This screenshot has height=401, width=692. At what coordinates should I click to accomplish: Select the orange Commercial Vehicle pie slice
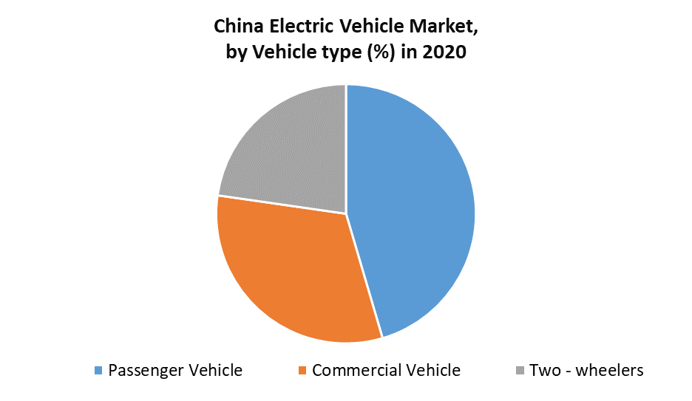pyautogui.click(x=296, y=273)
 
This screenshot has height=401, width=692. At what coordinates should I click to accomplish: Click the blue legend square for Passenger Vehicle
pyautogui.click(x=99, y=370)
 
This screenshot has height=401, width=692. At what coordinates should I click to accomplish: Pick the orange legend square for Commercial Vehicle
pyautogui.click(x=302, y=370)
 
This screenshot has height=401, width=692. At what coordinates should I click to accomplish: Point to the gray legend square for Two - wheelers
pyautogui.click(x=520, y=370)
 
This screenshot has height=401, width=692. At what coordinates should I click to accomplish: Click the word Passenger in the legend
pyautogui.click(x=143, y=370)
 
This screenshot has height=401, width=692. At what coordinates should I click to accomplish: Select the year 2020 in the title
pyautogui.click(x=444, y=53)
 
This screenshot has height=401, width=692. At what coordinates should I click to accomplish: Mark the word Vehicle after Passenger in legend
pyautogui.click(x=214, y=370)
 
